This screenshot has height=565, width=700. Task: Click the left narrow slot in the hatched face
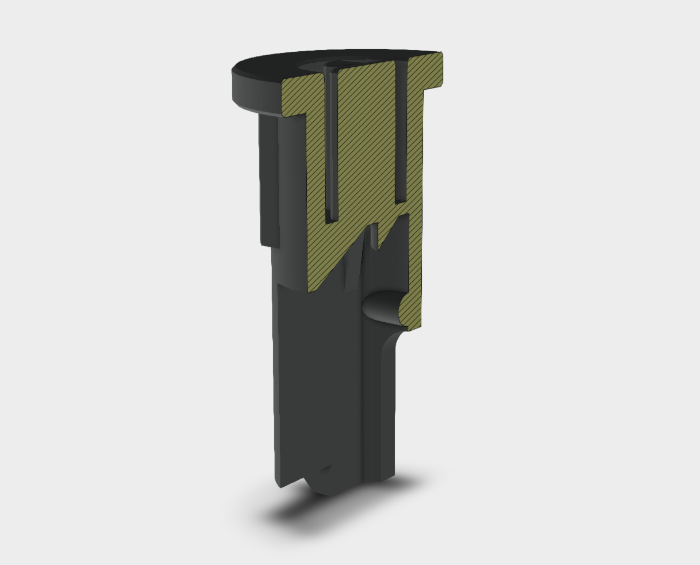pos(330,144)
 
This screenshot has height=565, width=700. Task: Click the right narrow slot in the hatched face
pos(401,132)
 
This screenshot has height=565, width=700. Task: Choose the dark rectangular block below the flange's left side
pos(269,178)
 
